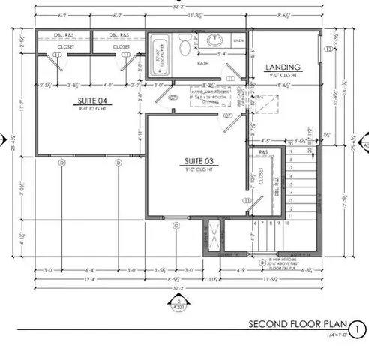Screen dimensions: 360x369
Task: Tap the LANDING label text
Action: point(283,67)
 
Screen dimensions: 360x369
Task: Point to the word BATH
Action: point(203,64)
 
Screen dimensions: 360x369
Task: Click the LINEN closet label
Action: point(238,40)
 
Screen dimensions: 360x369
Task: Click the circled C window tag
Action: point(176,225)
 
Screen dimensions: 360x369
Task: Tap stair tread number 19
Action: point(289,151)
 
